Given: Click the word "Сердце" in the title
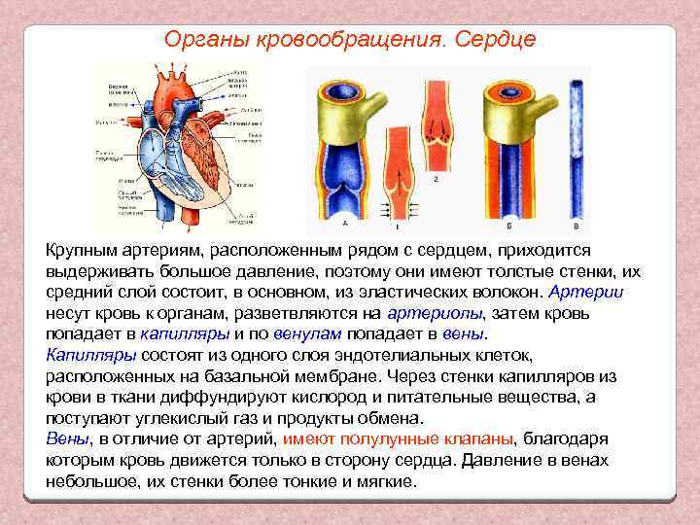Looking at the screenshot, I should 490,39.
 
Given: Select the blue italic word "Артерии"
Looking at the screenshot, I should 586,293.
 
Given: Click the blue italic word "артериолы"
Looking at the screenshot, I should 434,313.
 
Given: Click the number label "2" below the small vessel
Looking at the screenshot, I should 436,181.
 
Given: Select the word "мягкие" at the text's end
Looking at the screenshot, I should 384,481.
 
